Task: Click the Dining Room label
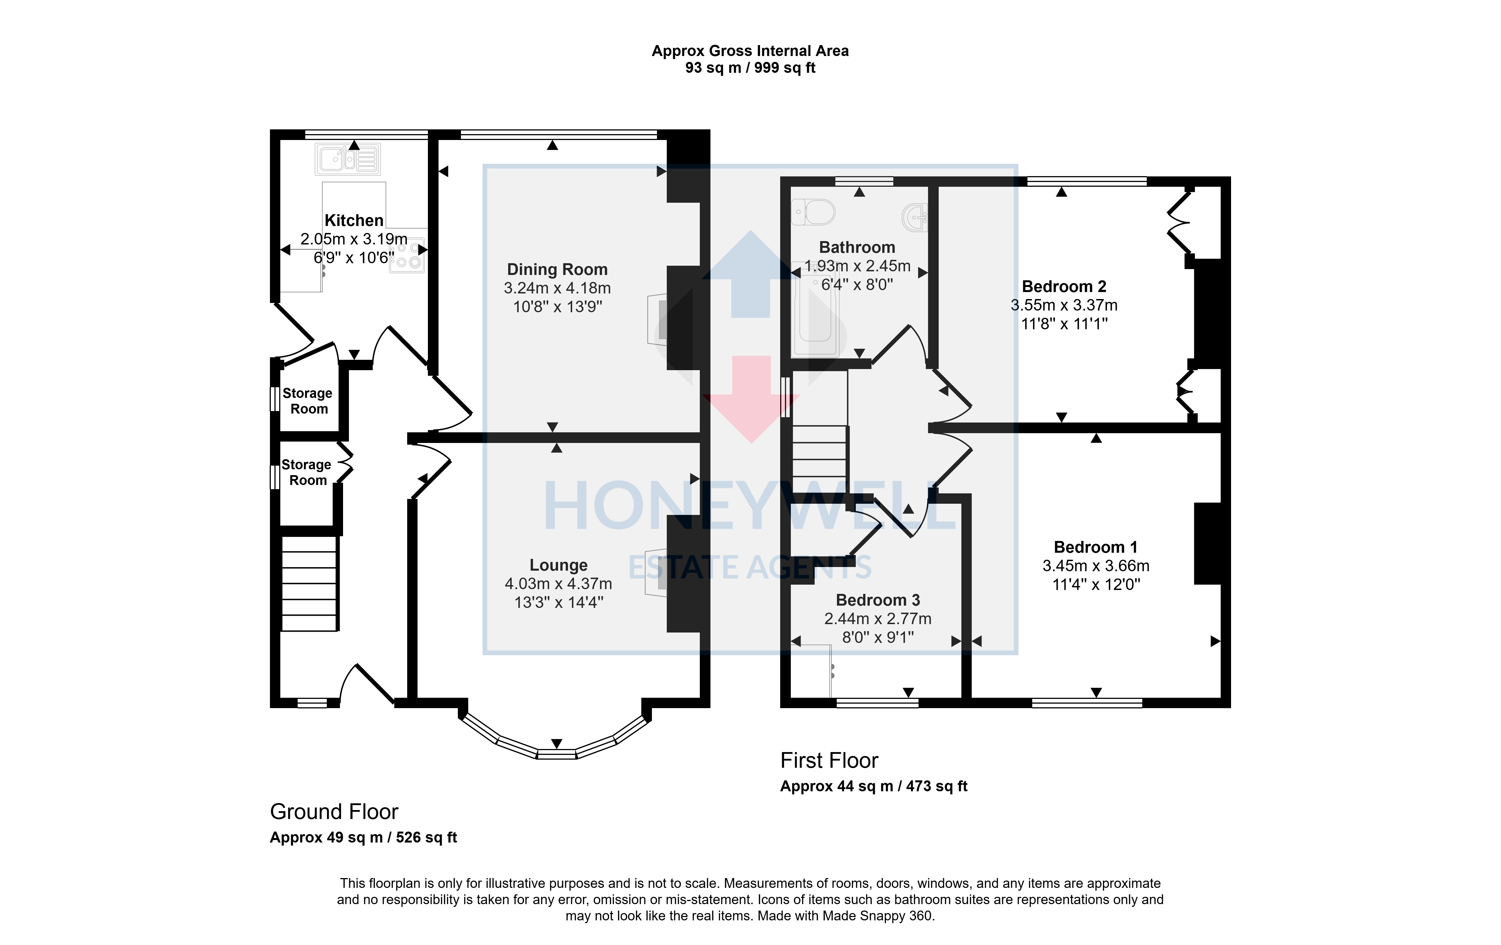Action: [557, 269]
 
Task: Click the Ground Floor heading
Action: [334, 812]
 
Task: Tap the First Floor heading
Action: [829, 760]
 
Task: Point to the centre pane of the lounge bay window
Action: [557, 754]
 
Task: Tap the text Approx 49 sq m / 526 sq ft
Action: [363, 837]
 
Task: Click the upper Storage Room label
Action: [308, 401]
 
